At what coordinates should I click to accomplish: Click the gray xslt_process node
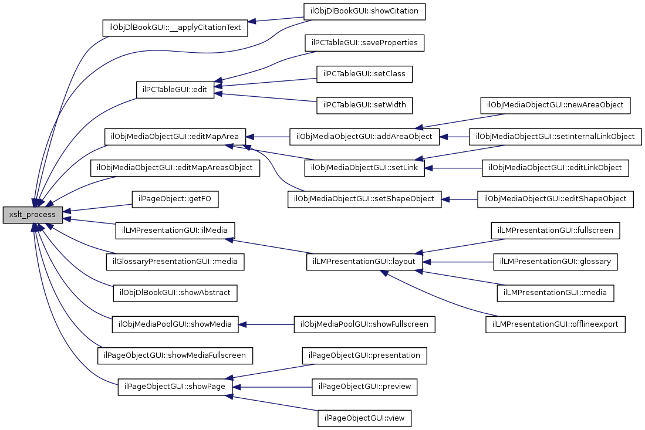click(x=33, y=215)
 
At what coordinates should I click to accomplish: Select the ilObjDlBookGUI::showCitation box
click(x=364, y=11)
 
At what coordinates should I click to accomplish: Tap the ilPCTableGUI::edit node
click(x=175, y=90)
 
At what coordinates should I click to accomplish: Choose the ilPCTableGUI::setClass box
click(x=364, y=74)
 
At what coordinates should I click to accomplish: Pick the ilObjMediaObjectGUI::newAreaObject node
click(x=555, y=105)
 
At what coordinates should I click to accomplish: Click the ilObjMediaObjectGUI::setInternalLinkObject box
click(x=555, y=137)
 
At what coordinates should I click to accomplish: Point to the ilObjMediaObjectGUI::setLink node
click(x=364, y=168)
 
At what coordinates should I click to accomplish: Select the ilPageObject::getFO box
click(x=175, y=199)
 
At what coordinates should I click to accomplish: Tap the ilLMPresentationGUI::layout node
click(x=364, y=262)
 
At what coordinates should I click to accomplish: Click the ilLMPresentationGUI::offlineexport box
click(x=555, y=324)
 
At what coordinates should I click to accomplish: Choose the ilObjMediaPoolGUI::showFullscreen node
click(x=364, y=324)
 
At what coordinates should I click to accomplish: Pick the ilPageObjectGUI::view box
click(x=364, y=418)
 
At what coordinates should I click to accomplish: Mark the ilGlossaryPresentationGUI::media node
click(x=175, y=262)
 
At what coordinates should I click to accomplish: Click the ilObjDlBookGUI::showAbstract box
click(x=175, y=293)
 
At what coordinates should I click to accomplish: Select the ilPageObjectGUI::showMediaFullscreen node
click(x=175, y=355)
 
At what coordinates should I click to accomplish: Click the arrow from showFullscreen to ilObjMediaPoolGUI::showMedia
click(x=266, y=324)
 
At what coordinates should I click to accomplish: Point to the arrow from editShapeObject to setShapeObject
click(x=460, y=199)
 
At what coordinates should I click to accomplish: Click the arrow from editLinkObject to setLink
click(x=453, y=168)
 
